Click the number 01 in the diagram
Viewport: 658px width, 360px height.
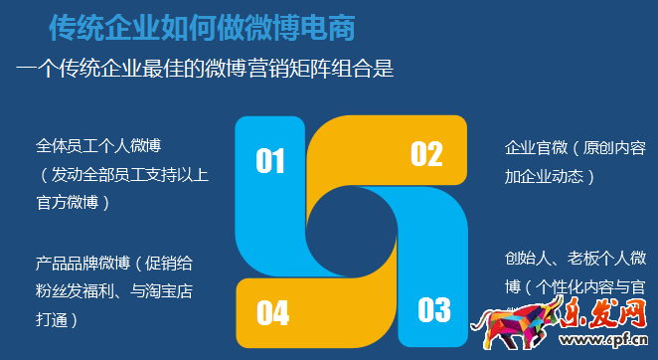[270, 161]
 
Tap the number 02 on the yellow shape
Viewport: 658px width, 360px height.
[426, 153]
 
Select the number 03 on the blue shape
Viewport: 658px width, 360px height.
[434, 310]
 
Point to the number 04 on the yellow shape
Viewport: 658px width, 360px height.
[272, 313]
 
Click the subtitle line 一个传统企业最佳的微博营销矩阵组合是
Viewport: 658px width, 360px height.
[205, 70]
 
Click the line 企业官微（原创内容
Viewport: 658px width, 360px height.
[576, 148]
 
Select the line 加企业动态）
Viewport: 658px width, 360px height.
[550, 176]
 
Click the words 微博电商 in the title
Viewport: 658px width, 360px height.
[319, 26]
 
